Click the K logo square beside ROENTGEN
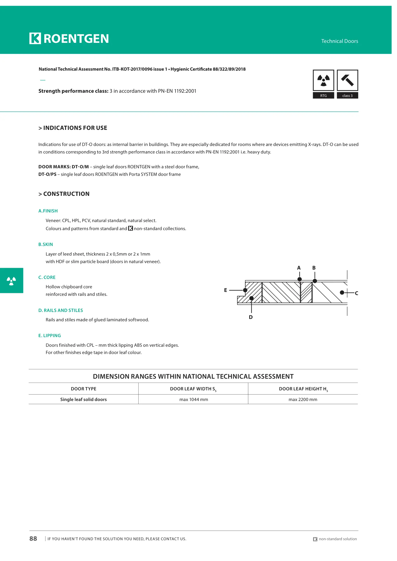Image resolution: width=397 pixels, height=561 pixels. [x=35, y=38]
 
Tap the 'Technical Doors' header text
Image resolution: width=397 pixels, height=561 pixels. [x=340, y=41]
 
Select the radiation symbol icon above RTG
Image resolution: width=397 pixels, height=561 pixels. [x=323, y=80]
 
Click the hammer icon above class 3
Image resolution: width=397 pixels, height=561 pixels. [x=347, y=80]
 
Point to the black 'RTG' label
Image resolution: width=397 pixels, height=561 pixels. [x=323, y=96]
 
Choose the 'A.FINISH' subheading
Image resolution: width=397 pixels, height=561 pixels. [x=48, y=211]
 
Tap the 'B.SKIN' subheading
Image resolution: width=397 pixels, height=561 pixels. [x=46, y=244]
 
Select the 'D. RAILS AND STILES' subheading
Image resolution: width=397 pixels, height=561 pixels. [x=61, y=310]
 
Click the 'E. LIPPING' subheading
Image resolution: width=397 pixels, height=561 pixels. [x=50, y=336]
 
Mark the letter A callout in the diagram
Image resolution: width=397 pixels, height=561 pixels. [x=299, y=268]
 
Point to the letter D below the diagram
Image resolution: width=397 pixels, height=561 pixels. [x=251, y=317]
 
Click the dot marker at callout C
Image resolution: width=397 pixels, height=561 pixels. [x=342, y=293]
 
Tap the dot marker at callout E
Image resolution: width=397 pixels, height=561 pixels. [x=245, y=290]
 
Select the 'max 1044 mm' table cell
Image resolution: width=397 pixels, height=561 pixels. [x=194, y=399]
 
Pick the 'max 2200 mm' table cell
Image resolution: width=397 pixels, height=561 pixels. [x=303, y=399]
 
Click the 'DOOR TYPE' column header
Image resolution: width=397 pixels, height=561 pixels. [x=83, y=389]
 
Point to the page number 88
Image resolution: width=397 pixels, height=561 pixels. [x=33, y=539]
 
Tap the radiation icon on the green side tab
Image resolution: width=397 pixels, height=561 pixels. [x=11, y=281]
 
